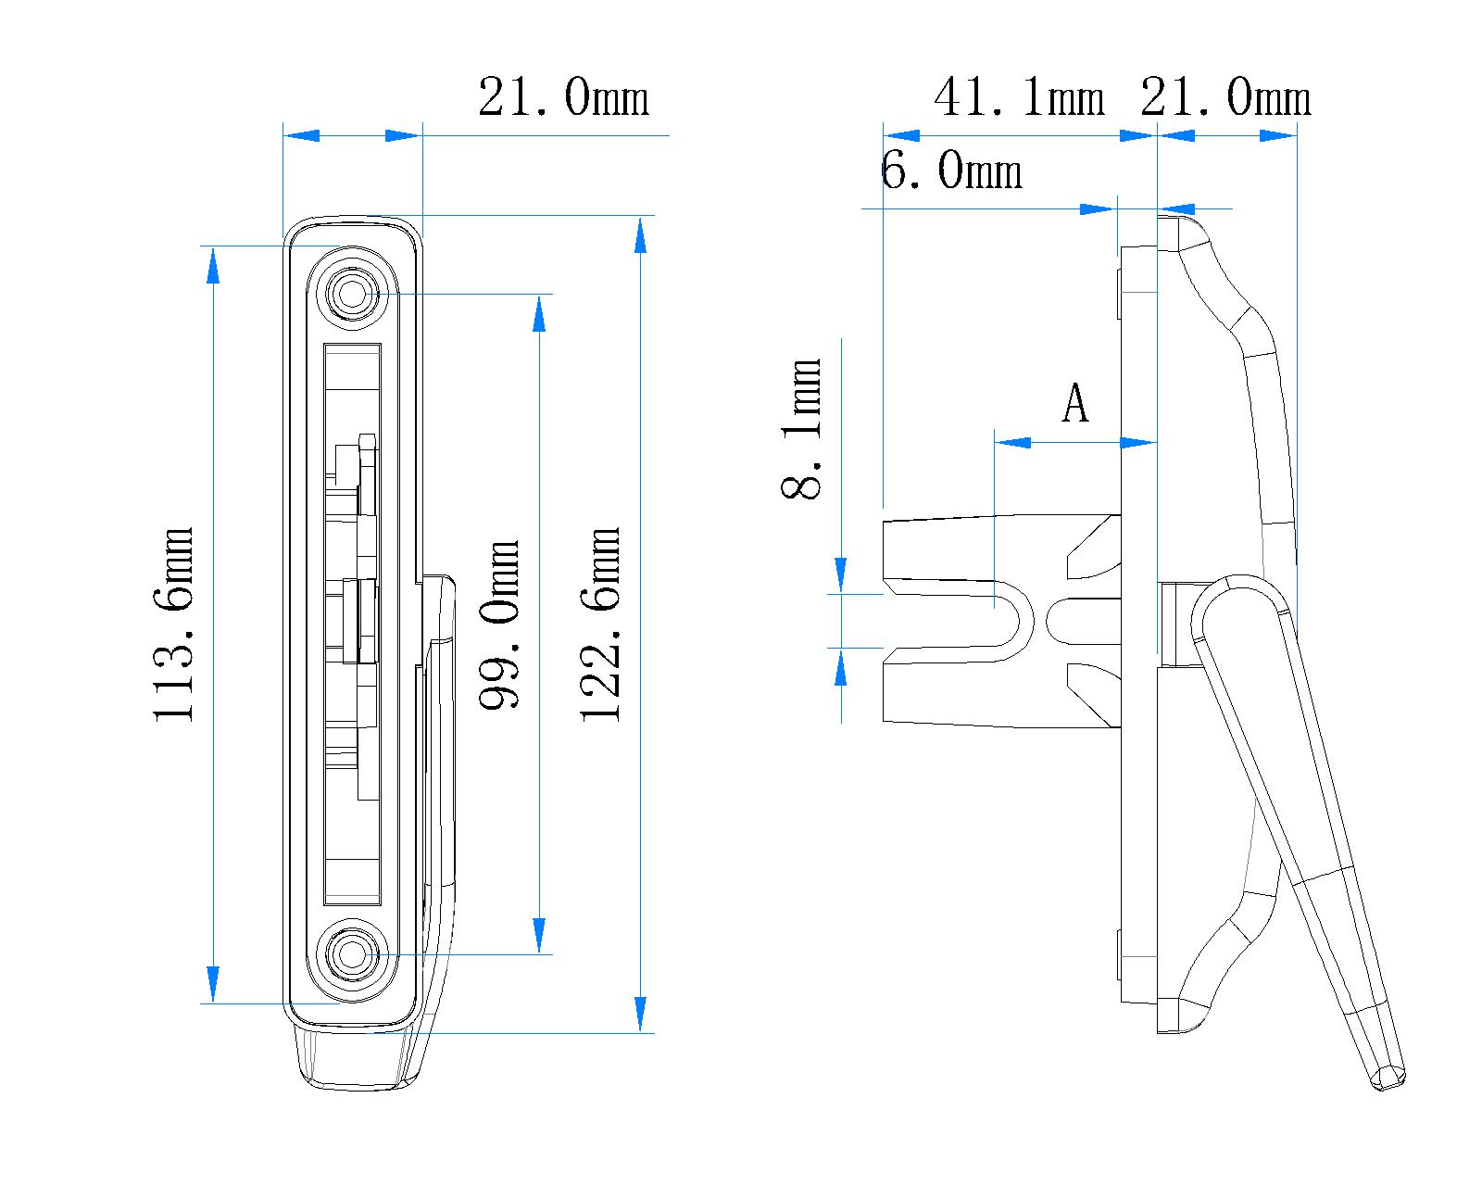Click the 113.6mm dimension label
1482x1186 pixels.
click(x=174, y=625)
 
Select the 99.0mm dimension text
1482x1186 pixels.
click(x=499, y=625)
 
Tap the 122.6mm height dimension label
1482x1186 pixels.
click(x=600, y=625)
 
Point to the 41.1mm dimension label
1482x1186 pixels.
click(x=1019, y=97)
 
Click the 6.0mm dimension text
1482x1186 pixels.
click(x=951, y=171)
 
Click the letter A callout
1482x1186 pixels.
click(x=1074, y=403)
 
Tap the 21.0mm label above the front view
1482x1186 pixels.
click(x=563, y=97)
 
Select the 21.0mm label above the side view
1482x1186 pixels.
click(x=1225, y=97)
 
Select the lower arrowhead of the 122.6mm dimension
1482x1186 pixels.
click(x=639, y=1015)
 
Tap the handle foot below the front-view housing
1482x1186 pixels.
click(x=357, y=1056)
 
